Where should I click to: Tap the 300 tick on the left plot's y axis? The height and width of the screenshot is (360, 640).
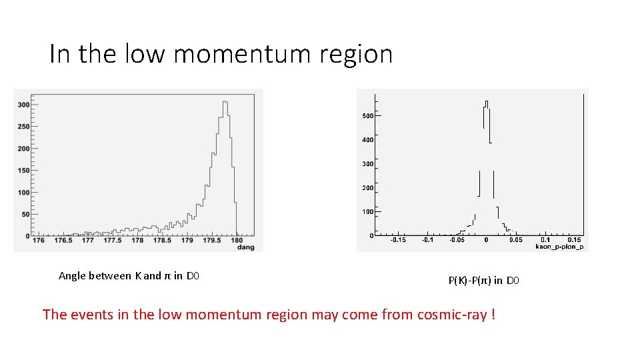click(x=23, y=105)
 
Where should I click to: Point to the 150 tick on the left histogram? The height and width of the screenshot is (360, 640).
click(x=23, y=170)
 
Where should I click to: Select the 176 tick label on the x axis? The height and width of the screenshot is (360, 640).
click(x=38, y=241)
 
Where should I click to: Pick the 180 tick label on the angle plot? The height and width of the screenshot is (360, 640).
click(x=237, y=241)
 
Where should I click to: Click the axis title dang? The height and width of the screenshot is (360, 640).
click(x=246, y=247)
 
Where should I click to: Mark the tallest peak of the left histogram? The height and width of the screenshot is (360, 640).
click(x=225, y=102)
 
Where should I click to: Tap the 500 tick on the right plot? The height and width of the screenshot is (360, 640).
click(x=367, y=116)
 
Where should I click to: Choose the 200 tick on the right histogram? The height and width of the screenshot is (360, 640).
click(x=367, y=188)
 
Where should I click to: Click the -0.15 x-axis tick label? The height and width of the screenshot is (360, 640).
click(x=397, y=239)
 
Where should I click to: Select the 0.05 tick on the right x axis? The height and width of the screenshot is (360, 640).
click(x=516, y=239)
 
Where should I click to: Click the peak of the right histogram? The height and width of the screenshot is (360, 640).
click(x=487, y=102)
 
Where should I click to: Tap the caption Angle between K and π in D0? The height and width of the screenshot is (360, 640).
click(x=129, y=276)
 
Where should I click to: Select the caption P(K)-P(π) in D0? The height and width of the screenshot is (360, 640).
click(x=483, y=281)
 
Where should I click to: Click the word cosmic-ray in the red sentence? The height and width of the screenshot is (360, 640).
click(x=452, y=314)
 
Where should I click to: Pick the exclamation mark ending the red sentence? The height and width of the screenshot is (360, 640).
click(x=493, y=314)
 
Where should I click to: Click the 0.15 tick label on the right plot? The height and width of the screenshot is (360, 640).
click(x=573, y=239)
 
